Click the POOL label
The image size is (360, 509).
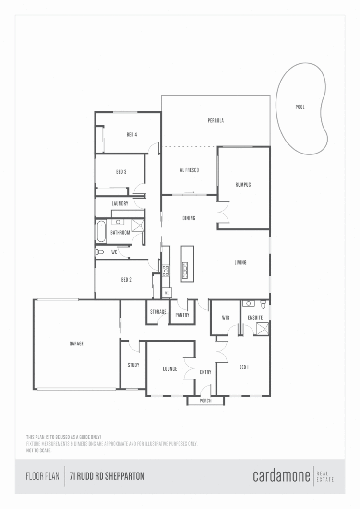[x=300, y=107]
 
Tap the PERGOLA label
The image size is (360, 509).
[x=216, y=120]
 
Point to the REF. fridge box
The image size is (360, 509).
[x=167, y=292]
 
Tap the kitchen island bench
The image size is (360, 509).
[x=187, y=263]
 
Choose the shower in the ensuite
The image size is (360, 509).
[x=262, y=329]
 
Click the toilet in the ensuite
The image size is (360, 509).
[x=263, y=304]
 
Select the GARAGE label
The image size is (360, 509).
[x=76, y=343]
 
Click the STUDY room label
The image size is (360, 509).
[x=133, y=365]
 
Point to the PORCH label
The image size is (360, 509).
[x=205, y=401]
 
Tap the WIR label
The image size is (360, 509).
[x=226, y=318]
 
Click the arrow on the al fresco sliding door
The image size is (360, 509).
[x=190, y=192]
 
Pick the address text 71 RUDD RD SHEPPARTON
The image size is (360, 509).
[x=107, y=476]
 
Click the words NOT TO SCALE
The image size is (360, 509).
[x=39, y=450]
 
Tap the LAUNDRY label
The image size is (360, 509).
[x=120, y=203]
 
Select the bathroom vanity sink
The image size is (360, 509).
[x=118, y=222]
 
